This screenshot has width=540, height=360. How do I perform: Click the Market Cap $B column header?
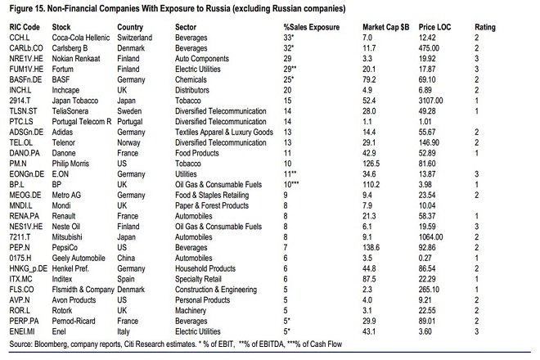pos(385,27)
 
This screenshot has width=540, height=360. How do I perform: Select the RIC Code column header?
pos(25,27)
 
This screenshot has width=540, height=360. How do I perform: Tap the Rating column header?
pos(485,27)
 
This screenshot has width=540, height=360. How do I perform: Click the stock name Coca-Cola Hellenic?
pos(80,38)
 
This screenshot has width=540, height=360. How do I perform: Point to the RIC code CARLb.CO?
pos(26,48)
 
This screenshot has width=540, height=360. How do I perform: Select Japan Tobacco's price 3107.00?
pos(430,101)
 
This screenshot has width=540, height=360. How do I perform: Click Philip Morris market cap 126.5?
pos(371,164)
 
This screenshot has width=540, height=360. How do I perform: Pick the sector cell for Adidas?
pos(224,133)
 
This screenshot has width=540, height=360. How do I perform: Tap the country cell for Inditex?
pos(126,279)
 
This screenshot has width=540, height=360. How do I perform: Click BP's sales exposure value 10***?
pos(291,184)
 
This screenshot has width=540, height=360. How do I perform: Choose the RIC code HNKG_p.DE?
pos(29,268)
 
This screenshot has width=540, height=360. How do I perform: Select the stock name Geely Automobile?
pos(79,258)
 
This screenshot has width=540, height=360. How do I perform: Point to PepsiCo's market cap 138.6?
pos(371,248)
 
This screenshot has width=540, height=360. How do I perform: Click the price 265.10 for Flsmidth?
pos(429,290)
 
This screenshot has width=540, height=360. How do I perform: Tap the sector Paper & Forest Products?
pos(211,205)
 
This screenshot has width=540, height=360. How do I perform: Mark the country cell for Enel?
pos(124,331)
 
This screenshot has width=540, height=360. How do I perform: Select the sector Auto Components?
pos(202,59)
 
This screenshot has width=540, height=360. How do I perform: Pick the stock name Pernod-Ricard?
pos(74,321)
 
